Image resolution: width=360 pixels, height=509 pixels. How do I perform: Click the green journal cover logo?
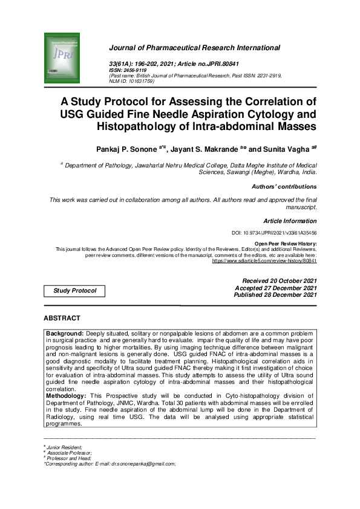[62, 58]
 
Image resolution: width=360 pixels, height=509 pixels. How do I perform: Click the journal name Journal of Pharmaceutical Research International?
[194, 48]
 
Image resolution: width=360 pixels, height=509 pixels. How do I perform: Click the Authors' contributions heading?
[284, 187]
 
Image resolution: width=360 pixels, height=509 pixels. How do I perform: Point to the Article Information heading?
[290, 221]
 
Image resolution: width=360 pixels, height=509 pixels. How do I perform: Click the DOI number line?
[274, 233]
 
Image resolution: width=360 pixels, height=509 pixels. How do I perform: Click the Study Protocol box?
[75, 291]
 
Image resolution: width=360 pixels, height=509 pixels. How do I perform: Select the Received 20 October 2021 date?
[279, 281]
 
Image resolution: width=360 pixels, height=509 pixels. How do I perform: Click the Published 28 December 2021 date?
[275, 295]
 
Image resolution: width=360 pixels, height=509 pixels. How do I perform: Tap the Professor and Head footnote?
[68, 458]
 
